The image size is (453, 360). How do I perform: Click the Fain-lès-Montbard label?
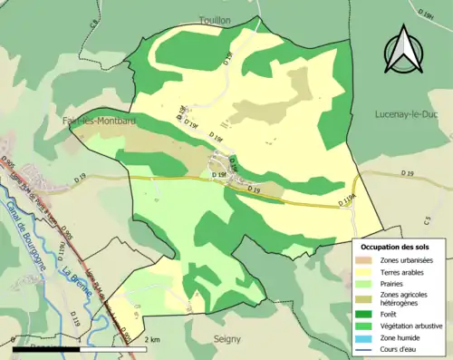(x=94, y=121)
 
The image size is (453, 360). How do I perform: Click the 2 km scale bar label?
(x=153, y=339)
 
